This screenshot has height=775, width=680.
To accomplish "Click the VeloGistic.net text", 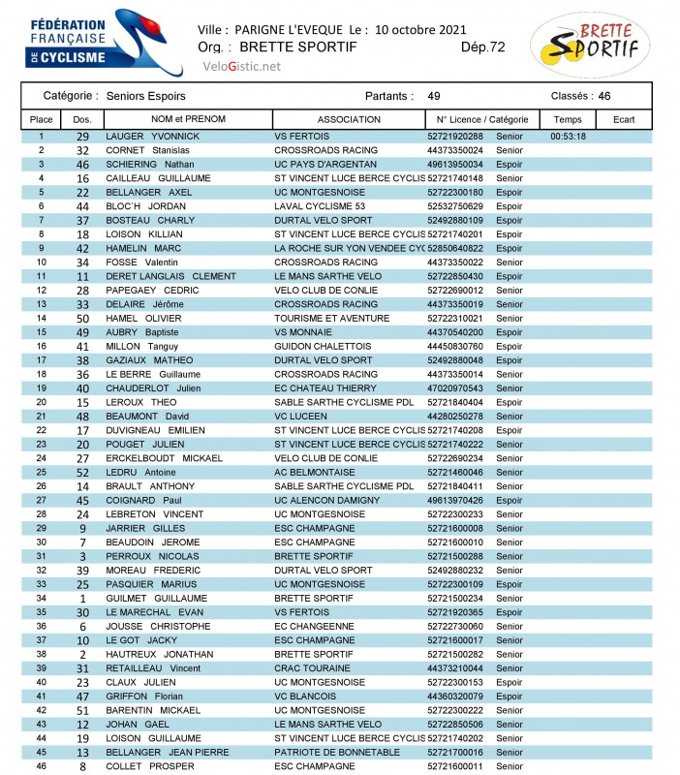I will coord(241,66).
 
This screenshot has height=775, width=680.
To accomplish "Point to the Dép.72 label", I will coord(482,46).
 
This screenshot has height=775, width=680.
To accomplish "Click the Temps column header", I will coord(568,119).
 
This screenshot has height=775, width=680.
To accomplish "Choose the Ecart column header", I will coord(624,119).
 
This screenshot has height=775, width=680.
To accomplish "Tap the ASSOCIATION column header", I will coord(349,119).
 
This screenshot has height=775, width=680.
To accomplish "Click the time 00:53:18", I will coord(568,137).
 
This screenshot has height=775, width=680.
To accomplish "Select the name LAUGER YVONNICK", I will coord(152,137).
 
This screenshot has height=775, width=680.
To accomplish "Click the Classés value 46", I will coord(604,96).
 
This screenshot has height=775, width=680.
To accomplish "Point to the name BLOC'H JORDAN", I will coord(144,206).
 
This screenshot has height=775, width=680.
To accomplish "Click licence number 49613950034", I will coord(454,165).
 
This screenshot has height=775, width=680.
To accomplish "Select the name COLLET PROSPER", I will coord(150,766).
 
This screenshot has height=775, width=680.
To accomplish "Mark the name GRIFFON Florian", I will coord(144,696).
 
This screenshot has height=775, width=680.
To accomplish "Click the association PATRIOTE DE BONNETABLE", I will coord(336,752).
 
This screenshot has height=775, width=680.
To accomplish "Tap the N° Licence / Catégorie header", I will coord(482,119).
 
